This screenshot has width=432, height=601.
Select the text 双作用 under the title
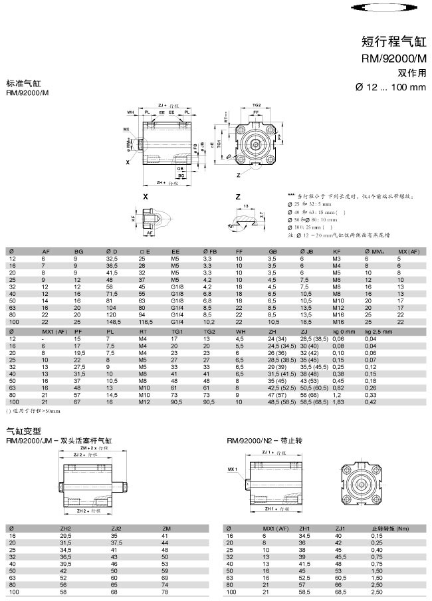click(411, 72)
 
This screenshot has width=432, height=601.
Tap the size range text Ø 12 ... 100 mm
click(390, 87)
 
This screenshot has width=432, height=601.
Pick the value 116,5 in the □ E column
click(146, 322)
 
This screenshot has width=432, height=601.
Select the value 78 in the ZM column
click(165, 590)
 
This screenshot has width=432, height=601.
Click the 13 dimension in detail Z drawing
click(246, 207)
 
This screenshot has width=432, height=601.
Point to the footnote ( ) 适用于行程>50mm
click(33, 411)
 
